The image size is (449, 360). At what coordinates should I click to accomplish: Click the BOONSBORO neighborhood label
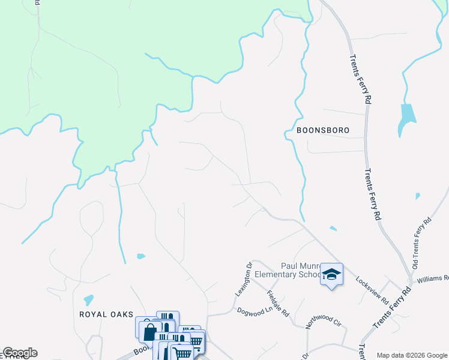pos(323,130)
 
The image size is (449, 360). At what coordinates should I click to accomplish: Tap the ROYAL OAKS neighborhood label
pos(105,314)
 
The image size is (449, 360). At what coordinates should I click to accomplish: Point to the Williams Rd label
pos(433,278)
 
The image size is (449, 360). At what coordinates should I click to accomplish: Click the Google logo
pos(20,353)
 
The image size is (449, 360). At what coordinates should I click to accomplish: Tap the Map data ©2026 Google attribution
pos(412,355)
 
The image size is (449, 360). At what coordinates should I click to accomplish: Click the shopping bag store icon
pos(149,330)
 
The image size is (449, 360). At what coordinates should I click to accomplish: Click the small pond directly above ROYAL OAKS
pos(89,299)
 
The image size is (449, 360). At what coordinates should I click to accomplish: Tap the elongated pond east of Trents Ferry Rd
pos(406,119)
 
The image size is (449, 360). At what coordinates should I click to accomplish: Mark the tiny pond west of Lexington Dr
pos(140,256)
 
